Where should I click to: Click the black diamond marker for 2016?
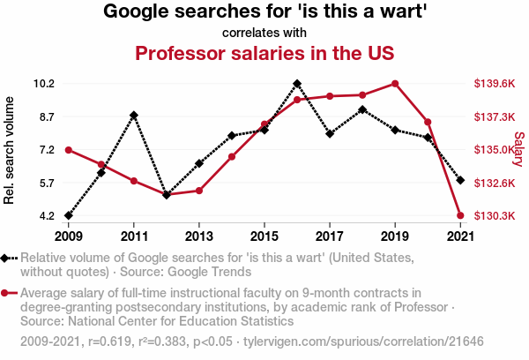[297, 84]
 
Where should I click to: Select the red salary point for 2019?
[395, 84]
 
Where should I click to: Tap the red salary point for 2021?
[460, 215]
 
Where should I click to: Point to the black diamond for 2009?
[69, 215]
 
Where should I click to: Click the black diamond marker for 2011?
[134, 116]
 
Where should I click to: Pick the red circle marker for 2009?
[69, 150]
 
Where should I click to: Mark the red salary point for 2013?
[199, 191]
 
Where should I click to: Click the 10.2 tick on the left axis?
[43, 84]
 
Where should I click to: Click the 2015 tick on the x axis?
[264, 236]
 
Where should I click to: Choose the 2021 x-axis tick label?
[460, 236]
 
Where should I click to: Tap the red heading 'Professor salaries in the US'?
[264, 53]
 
